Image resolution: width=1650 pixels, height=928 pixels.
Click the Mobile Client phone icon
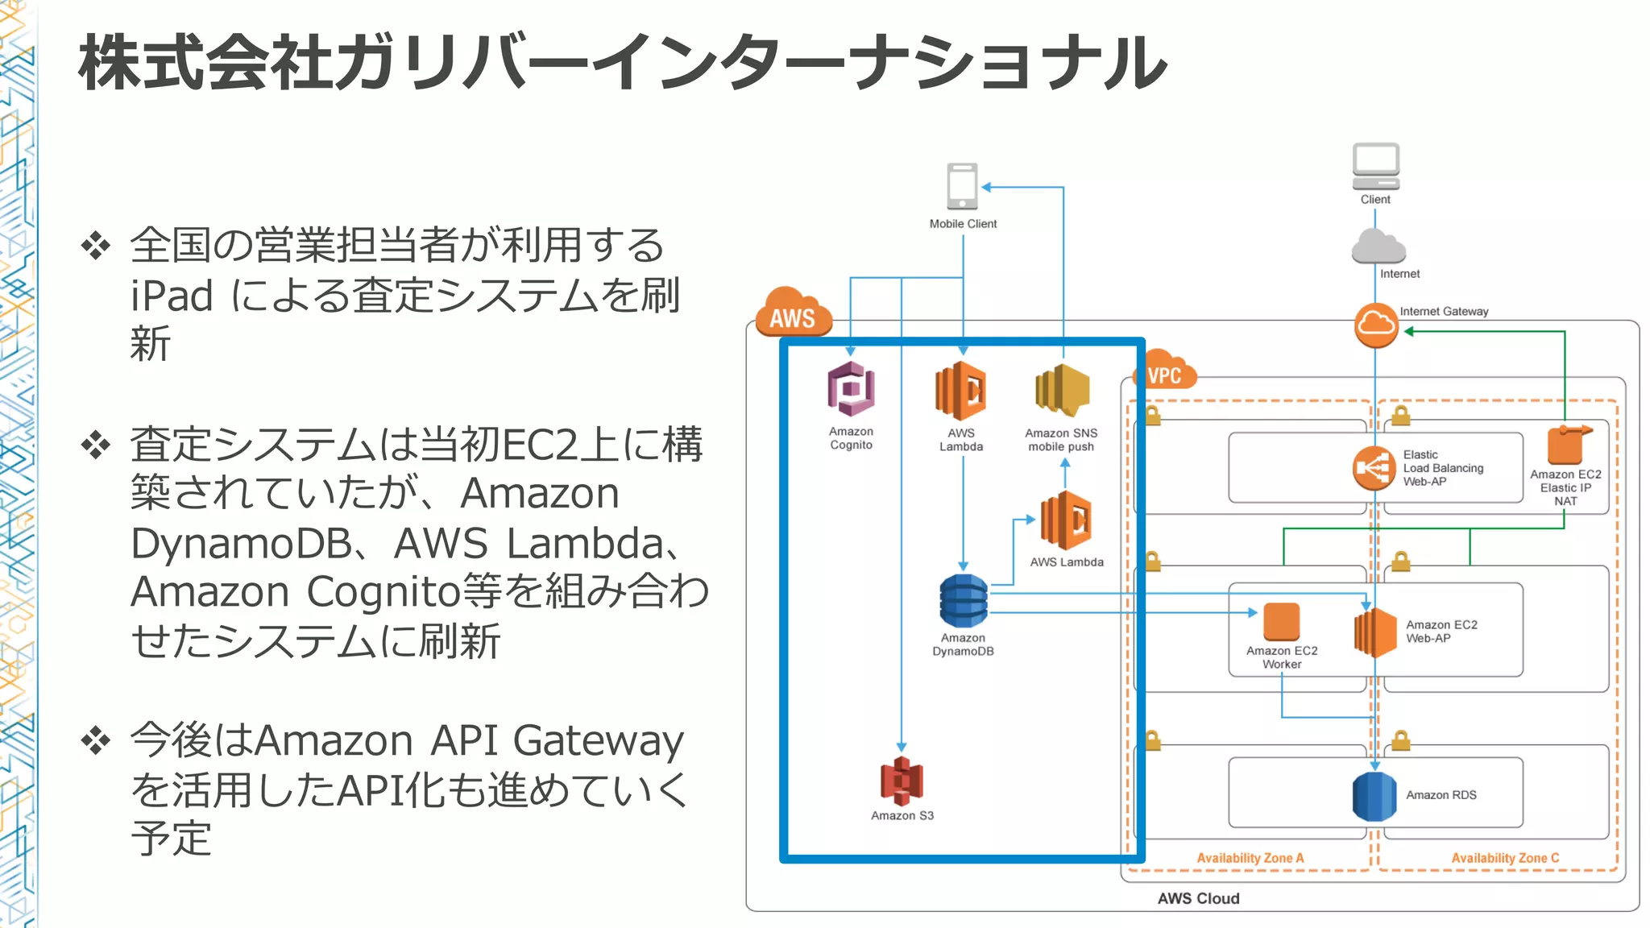pos(962,187)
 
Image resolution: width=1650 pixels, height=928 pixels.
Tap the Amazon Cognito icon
pos(851,389)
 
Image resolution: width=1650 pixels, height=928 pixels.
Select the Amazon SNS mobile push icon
pos(1062,391)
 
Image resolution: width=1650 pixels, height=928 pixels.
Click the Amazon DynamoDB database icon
pos(963,601)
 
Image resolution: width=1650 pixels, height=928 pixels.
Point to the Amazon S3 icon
pos(902,781)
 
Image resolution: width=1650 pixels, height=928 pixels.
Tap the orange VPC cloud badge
pos(1164,372)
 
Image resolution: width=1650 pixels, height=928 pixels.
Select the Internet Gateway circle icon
pos(1375,325)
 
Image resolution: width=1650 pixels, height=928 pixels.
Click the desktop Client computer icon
pos(1375,166)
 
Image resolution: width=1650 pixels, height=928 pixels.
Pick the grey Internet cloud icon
pos(1378,247)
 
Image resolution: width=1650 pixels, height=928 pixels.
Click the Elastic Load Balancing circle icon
pos(1374,468)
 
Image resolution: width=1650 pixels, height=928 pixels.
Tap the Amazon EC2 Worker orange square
pos(1281,622)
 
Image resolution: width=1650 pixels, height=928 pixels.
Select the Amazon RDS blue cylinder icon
pos(1374,796)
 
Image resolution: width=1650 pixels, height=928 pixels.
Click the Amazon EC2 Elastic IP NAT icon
pos(1565,445)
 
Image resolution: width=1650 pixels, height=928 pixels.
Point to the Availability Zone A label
pos(1250,858)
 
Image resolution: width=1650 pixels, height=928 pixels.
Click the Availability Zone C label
pos(1505,858)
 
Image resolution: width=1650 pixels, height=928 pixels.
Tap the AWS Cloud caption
pos(1198,898)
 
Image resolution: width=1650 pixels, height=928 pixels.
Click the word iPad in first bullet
pos(172,296)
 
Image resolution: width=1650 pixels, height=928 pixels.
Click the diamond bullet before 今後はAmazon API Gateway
pos(96,740)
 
